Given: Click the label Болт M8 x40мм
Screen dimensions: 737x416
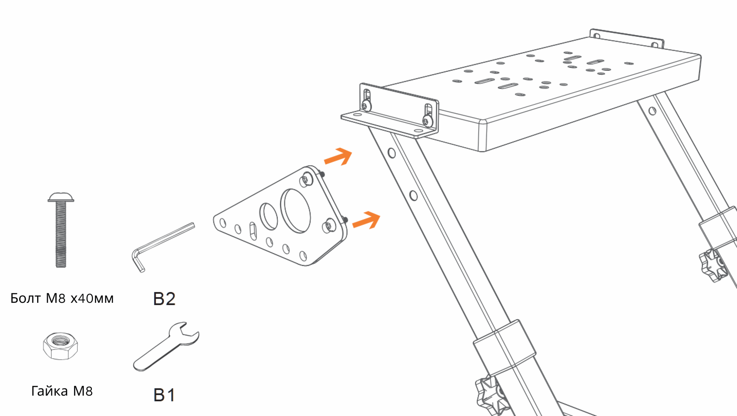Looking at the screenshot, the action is (62, 298).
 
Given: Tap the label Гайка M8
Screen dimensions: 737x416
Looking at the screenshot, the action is (62, 391).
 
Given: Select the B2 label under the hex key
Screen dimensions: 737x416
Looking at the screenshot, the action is (164, 299).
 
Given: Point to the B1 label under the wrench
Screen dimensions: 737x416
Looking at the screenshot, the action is (164, 395).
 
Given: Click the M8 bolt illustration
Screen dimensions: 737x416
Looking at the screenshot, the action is (61, 230).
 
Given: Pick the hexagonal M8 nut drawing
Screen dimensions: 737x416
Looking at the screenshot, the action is (60, 346).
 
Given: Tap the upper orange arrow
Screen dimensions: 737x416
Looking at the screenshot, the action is (339, 157).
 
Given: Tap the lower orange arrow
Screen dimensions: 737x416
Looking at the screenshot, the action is (366, 220).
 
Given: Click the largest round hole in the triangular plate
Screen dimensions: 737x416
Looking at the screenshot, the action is (296, 211).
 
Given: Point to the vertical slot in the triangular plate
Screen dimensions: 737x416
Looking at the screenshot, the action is (253, 231).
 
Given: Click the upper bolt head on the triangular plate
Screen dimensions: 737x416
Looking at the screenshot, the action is (306, 180).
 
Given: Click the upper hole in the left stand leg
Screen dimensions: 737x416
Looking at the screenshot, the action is (392, 153).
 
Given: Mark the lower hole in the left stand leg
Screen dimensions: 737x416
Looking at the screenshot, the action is (413, 195).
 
